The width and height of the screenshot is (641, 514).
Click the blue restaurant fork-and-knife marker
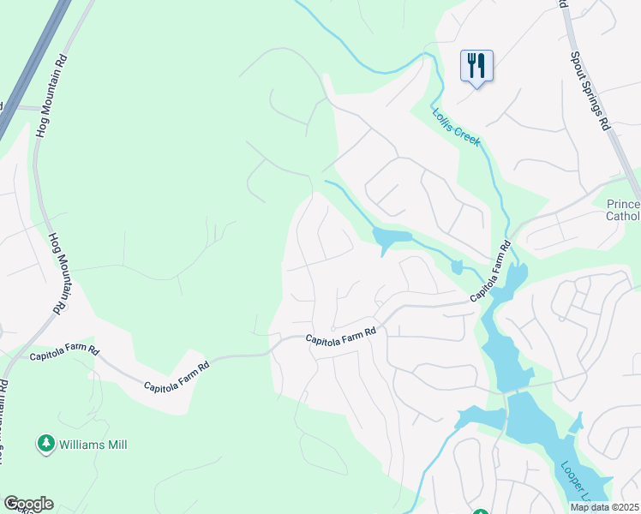pyautogui.click(x=476, y=65)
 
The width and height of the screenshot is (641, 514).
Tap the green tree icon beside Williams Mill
pyautogui.click(x=45, y=444)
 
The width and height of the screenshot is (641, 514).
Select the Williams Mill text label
pyautogui.click(x=93, y=445)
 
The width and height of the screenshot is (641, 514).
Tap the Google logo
pyautogui.click(x=28, y=504)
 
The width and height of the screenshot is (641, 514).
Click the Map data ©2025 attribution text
pyautogui.click(x=604, y=507)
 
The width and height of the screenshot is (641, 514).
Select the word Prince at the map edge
pyautogui.click(x=623, y=204)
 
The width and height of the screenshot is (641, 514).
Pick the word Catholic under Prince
pyautogui.click(x=623, y=216)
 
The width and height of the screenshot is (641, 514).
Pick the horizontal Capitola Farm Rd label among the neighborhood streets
pyautogui.click(x=342, y=336)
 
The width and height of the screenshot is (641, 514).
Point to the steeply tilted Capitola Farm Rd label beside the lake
pyautogui.click(x=491, y=271)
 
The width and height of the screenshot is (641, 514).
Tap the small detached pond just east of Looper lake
pyautogui.click(x=577, y=422)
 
